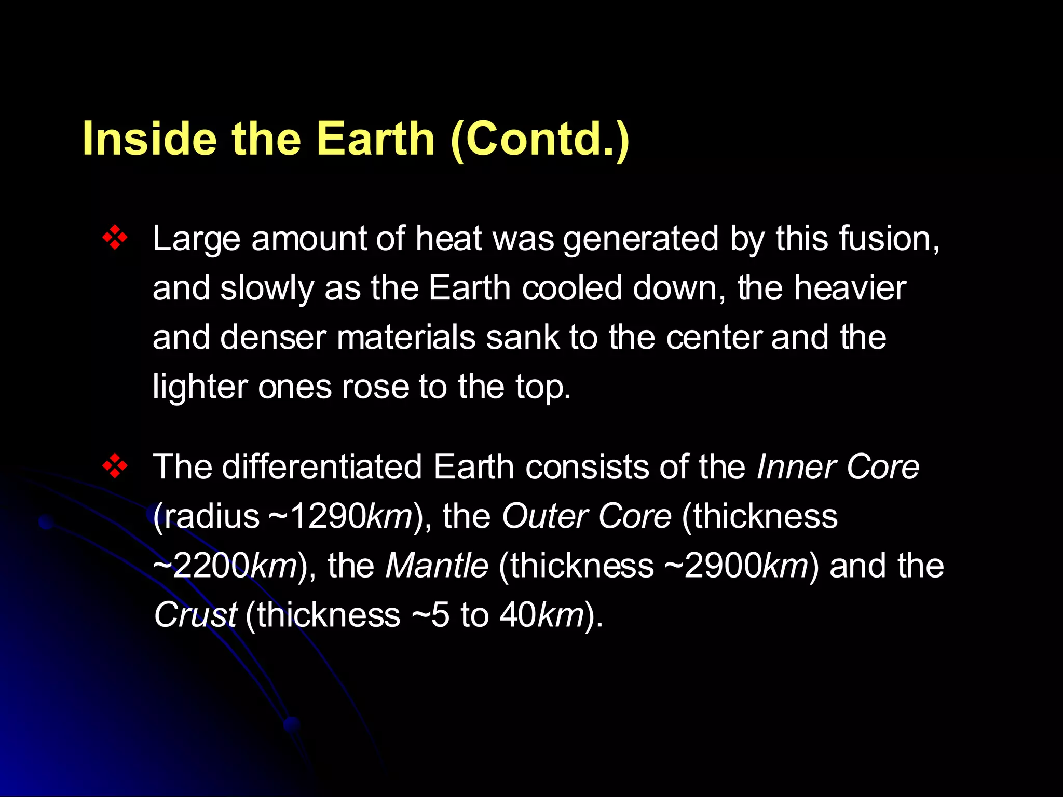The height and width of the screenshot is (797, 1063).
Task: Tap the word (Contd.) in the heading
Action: pos(540,139)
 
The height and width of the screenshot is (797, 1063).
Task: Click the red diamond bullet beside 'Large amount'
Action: pos(115,239)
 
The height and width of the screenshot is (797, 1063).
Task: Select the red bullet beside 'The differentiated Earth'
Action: pos(115,466)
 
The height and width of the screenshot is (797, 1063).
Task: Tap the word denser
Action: pos(273,337)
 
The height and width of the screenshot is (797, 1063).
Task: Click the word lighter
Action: pos(199,387)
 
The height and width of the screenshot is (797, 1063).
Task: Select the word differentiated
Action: pos(322,466)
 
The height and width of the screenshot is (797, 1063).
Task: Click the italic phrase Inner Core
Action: pos(838,466)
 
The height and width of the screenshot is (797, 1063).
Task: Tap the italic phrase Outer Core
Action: pos(587,516)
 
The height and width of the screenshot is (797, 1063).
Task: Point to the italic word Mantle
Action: pos(437,566)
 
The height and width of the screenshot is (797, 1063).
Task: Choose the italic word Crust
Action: pos(195,615)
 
